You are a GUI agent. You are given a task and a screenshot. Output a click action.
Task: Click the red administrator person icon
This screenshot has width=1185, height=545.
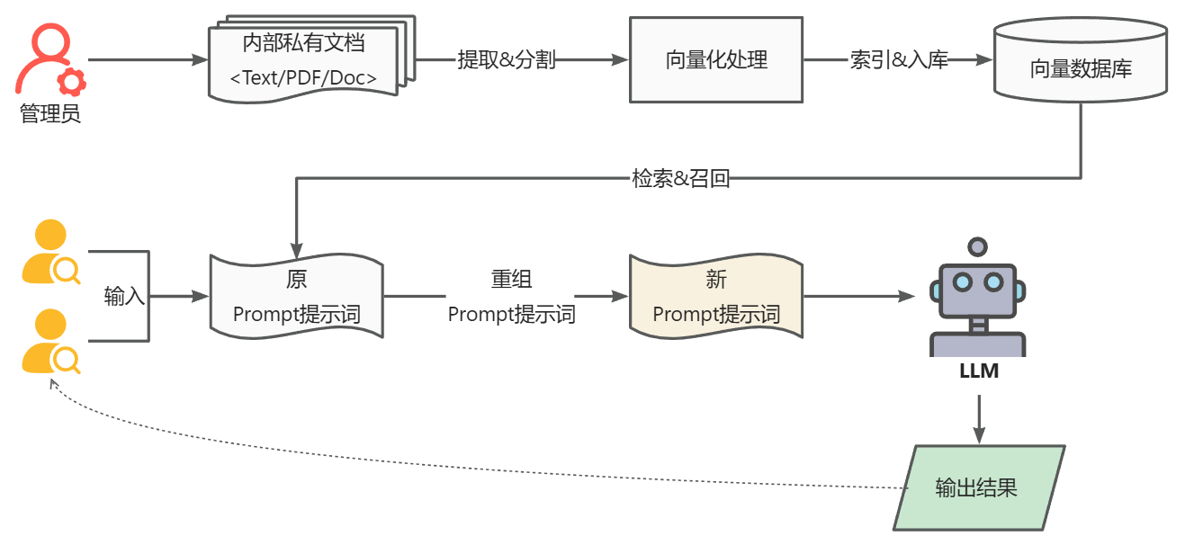click(45, 56)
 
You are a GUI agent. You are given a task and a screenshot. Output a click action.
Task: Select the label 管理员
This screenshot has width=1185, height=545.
click(50, 114)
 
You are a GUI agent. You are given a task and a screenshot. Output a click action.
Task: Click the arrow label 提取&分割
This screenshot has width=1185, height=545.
click(507, 60)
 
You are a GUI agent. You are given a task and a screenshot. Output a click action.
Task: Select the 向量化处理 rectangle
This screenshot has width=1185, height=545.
click(716, 60)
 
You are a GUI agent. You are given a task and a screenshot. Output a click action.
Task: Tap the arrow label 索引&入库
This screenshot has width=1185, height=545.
click(899, 60)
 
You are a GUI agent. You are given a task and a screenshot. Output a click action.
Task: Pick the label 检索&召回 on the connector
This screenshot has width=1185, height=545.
click(680, 178)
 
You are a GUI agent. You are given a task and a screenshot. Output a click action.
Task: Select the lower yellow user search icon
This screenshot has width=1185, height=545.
click(49, 343)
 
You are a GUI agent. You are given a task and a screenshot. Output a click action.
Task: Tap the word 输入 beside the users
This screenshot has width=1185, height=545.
click(124, 296)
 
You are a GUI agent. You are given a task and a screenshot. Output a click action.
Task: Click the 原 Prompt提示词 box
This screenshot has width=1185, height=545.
click(297, 297)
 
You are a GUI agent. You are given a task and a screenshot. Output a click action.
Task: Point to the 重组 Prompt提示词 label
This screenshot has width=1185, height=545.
click(511, 297)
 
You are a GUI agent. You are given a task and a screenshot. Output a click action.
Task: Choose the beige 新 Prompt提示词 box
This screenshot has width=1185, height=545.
click(716, 297)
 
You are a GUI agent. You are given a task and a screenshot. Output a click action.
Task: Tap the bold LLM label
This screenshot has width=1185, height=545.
click(978, 371)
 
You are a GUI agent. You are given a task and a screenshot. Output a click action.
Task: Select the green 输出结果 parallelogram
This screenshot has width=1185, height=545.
click(978, 488)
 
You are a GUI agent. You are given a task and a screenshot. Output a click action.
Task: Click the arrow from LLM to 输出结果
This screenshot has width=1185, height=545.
click(979, 418)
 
